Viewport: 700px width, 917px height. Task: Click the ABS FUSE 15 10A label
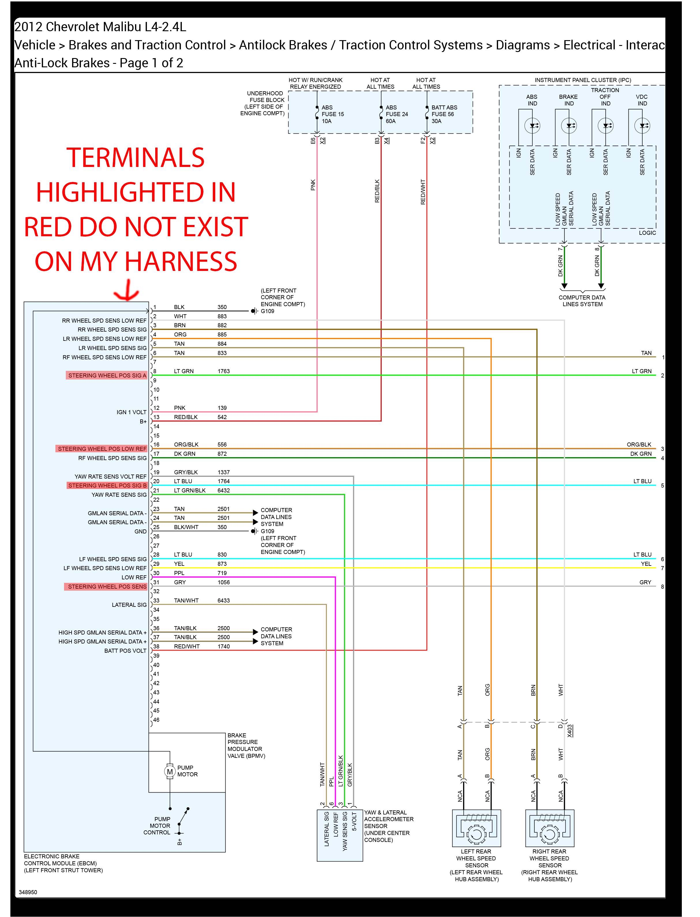click(x=332, y=114)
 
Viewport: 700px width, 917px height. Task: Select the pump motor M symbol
click(x=170, y=772)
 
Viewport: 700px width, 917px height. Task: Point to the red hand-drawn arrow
click(x=127, y=291)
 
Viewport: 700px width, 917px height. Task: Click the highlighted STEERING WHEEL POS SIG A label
click(x=107, y=375)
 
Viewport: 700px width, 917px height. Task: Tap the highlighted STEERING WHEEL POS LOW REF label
click(x=102, y=449)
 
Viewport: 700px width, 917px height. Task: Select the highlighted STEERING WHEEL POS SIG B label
click(x=107, y=486)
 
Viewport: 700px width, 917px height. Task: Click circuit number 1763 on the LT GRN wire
click(x=223, y=371)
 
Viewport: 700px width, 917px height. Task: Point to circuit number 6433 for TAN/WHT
click(x=223, y=600)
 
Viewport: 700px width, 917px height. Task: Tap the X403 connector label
click(x=570, y=731)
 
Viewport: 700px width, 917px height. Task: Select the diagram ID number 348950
click(x=28, y=892)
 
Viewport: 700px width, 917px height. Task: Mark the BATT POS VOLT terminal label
click(x=125, y=650)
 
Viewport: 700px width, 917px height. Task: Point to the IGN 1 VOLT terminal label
click(x=131, y=412)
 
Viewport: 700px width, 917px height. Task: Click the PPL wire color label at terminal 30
click(x=179, y=573)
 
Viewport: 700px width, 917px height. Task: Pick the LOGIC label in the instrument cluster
click(x=647, y=233)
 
